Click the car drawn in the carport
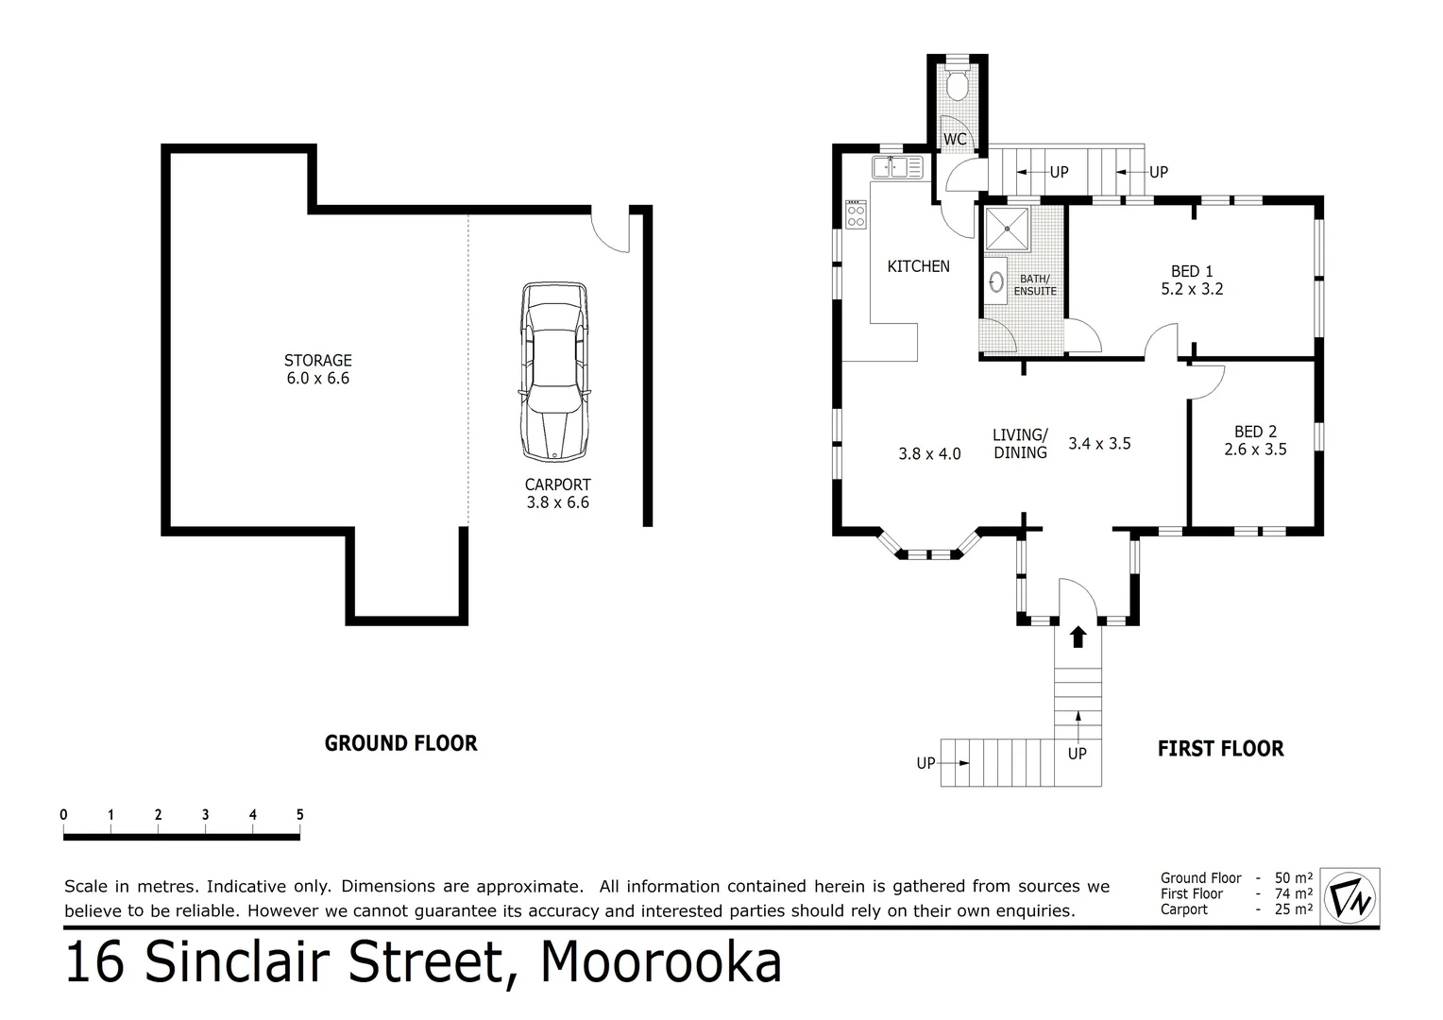coord(553,372)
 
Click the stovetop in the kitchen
coord(856,214)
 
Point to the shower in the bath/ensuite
coord(1007,229)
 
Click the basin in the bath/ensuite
coord(995,281)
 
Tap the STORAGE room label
coord(318,360)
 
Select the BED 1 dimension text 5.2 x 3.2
coord(1192,289)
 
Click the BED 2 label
coord(1255,432)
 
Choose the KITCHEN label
coord(918,266)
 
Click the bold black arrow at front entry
coord(1078,636)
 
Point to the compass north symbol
coord(1350,894)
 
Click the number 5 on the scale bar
coord(300,815)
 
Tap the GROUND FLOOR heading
coord(400,743)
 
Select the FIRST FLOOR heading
coord(1220,749)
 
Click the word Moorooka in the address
coord(661,962)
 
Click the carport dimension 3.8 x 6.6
coord(557,502)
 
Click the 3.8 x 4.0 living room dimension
coord(929,453)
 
